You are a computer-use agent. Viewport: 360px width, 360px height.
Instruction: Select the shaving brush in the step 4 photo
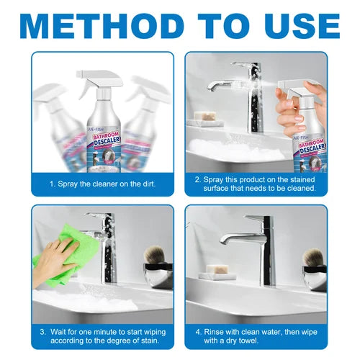314,260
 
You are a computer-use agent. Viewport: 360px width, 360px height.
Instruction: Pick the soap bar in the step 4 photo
215,271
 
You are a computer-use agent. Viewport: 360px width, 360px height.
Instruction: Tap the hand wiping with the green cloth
48,259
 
